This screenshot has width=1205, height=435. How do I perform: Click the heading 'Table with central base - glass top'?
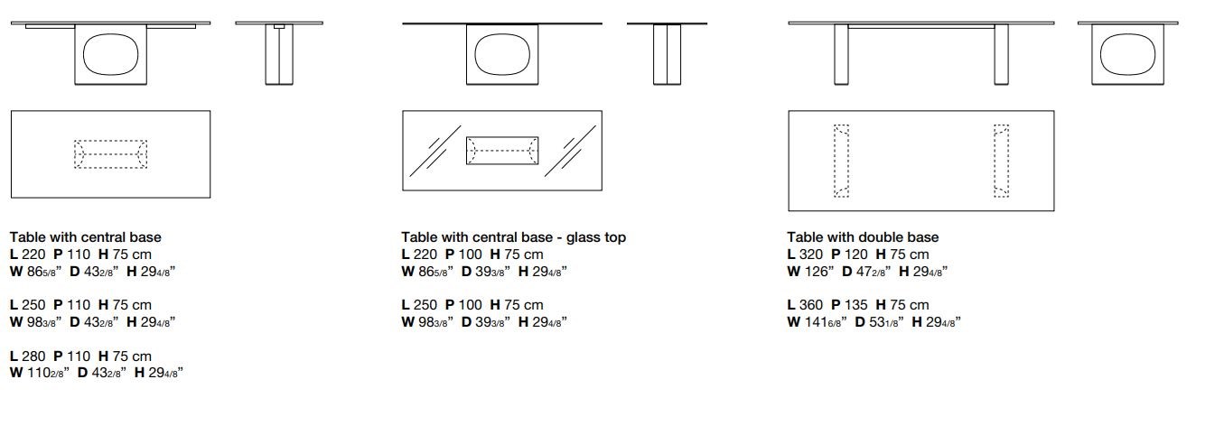(513, 237)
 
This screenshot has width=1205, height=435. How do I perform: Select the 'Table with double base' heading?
(863, 237)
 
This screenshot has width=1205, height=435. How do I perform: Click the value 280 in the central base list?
(33, 356)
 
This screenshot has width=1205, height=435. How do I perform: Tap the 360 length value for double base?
(810, 305)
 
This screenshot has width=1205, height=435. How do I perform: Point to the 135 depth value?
(855, 305)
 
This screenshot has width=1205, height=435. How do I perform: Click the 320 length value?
(810, 255)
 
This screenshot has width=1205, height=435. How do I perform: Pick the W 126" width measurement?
(810, 272)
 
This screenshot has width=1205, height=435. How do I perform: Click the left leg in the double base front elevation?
(841, 54)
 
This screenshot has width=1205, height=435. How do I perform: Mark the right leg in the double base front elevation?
(1001, 54)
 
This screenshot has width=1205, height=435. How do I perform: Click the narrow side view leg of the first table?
(279, 54)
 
